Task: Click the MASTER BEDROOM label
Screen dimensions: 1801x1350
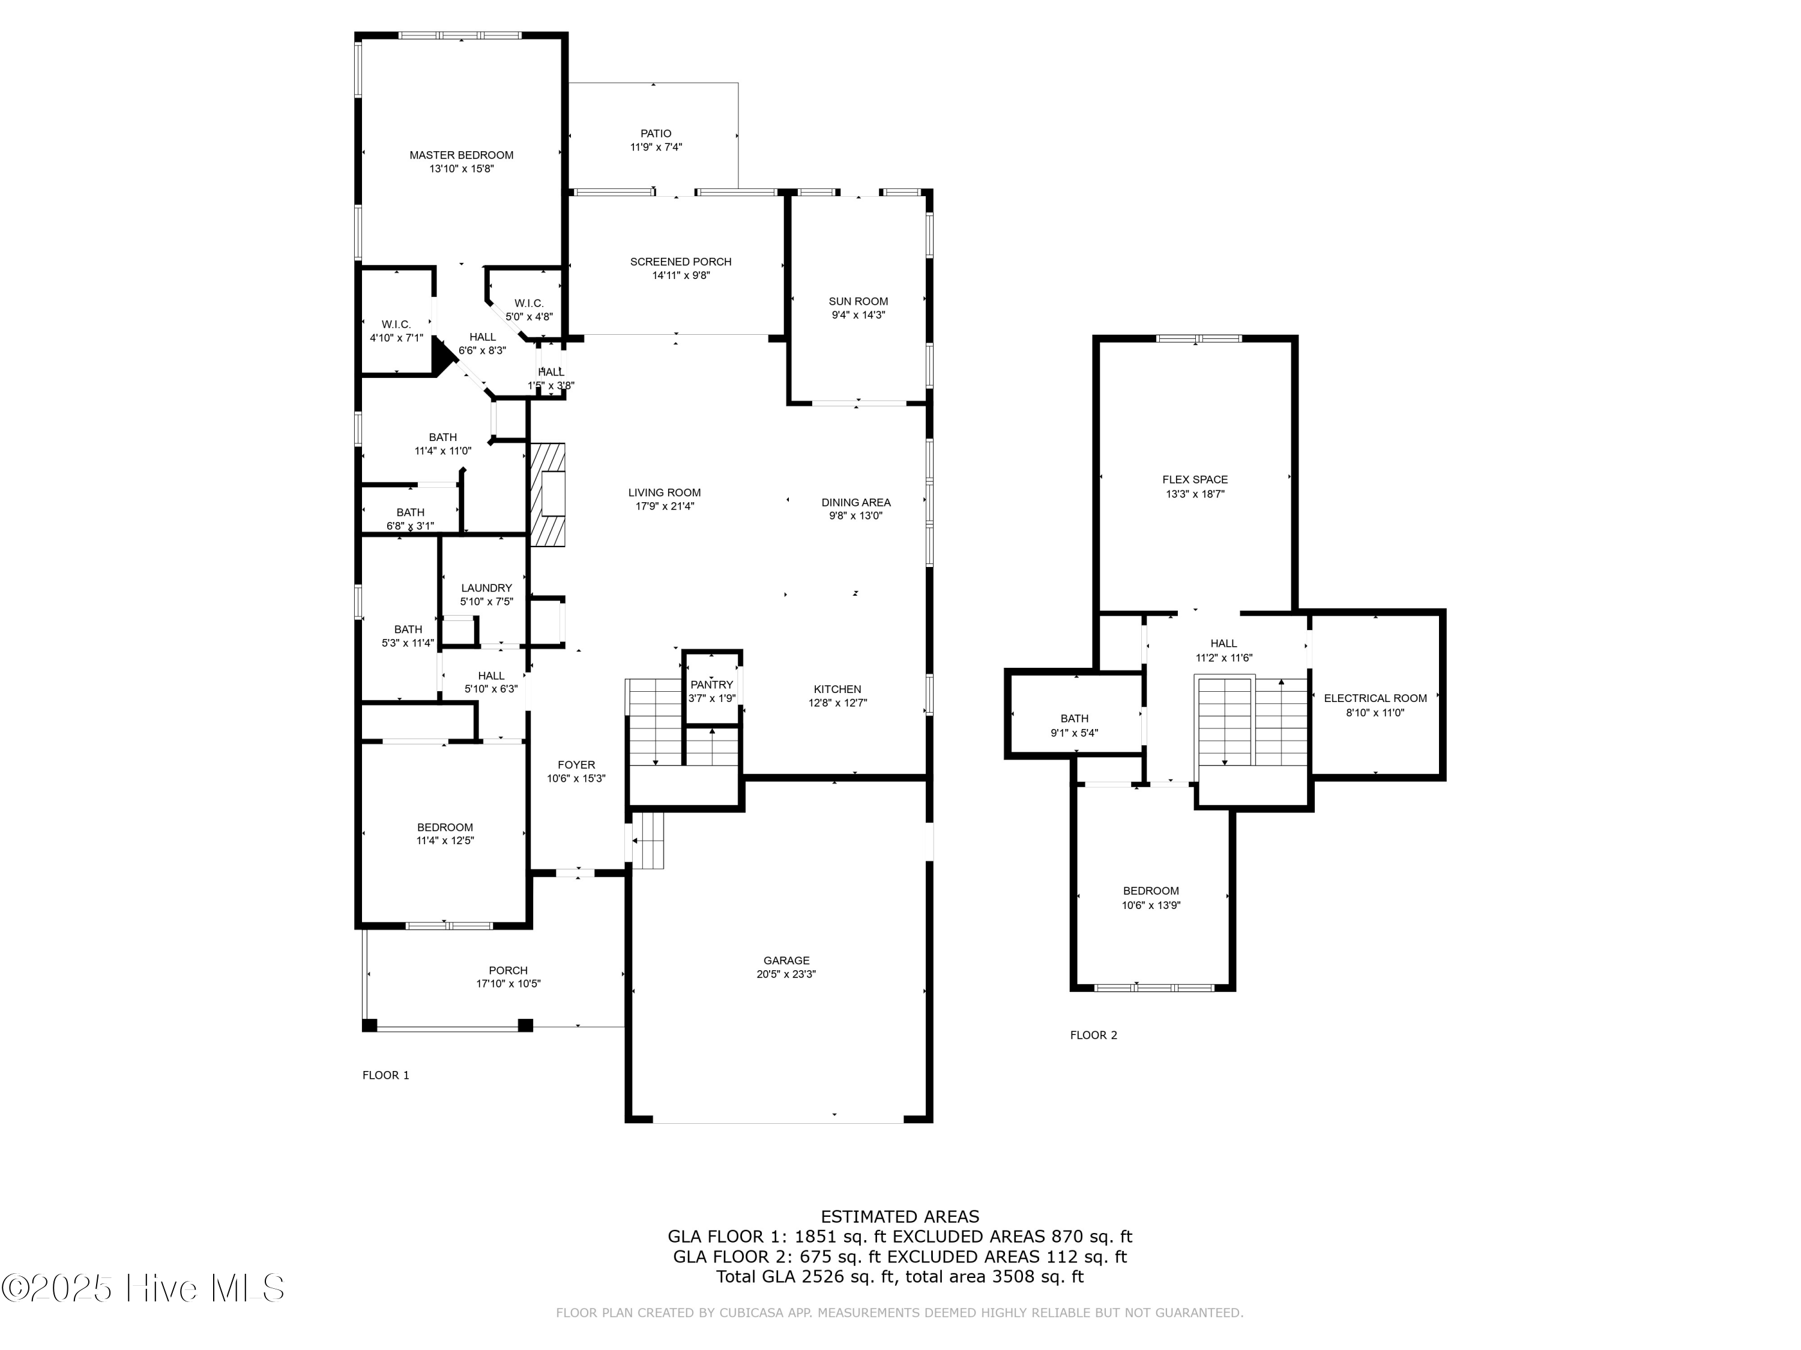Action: click(x=462, y=155)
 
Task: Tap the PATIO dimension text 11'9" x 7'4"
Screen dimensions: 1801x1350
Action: click(x=656, y=147)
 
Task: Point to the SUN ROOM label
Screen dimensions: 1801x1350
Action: click(x=858, y=301)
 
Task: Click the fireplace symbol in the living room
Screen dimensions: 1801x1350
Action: click(x=548, y=494)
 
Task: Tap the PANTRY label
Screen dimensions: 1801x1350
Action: click(x=711, y=685)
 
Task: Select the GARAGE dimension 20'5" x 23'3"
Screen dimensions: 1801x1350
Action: click(x=786, y=974)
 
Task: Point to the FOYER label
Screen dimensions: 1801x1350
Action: click(x=576, y=765)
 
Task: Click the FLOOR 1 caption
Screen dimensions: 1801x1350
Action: click(x=386, y=1075)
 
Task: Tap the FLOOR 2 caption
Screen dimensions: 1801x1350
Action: click(x=1093, y=1035)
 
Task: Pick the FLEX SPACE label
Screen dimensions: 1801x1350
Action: click(x=1195, y=480)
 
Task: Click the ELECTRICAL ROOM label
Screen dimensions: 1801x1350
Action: click(x=1375, y=698)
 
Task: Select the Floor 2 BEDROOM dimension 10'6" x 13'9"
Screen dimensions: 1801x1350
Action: click(x=1151, y=905)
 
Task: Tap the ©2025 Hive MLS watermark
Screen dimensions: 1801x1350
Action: click(x=143, y=1288)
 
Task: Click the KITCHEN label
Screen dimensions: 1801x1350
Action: click(x=838, y=689)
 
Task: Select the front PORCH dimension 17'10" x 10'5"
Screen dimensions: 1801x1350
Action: click(x=509, y=984)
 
